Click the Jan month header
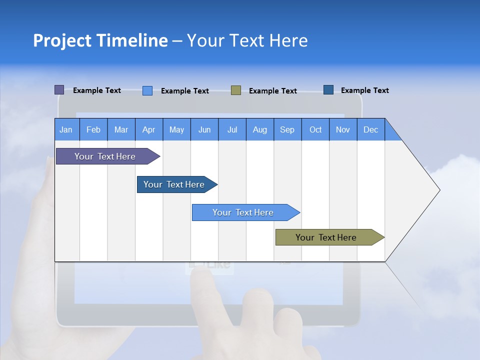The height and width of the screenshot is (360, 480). coord(66,129)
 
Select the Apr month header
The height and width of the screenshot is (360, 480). coord(148,129)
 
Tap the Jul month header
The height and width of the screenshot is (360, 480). coord(232,129)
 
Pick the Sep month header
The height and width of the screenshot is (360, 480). coord(287,129)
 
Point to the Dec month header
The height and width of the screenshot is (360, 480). coord(370,129)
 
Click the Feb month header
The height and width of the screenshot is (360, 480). coord(93,129)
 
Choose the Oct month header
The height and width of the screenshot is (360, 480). coord(315,129)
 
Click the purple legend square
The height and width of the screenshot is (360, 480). coord(59,90)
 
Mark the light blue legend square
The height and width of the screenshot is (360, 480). coord(147,90)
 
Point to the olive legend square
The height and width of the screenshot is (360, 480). coord(236,90)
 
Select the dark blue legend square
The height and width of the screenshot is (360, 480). coord(328,90)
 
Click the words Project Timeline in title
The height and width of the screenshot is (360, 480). coord(100,40)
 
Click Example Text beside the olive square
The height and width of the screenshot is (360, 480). coord(272,91)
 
